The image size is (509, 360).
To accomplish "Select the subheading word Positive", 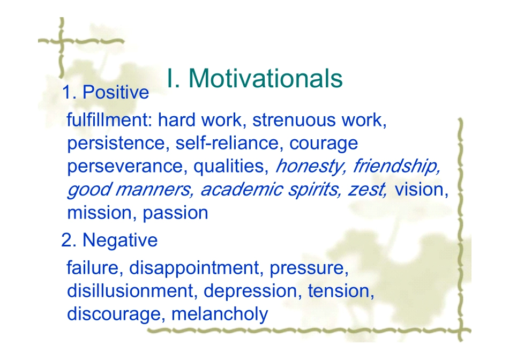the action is tap(116, 92).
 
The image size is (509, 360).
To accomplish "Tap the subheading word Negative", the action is tap(120, 241).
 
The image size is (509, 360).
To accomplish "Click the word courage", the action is tap(324, 144).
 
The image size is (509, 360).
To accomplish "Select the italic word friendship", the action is tap(396, 167).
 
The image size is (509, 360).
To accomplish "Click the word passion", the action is tap(175, 214).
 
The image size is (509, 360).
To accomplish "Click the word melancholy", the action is tap(220, 314).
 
